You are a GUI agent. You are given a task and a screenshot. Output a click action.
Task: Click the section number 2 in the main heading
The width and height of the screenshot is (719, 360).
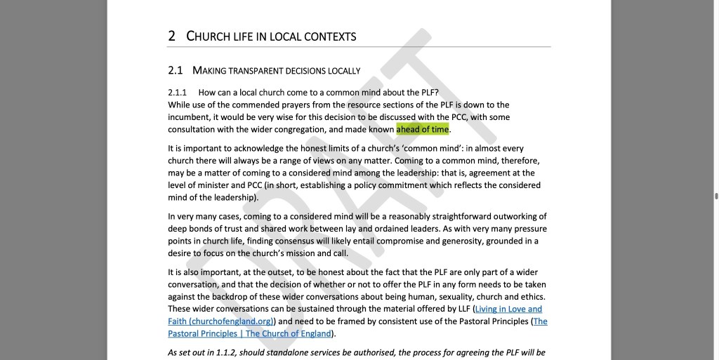172,36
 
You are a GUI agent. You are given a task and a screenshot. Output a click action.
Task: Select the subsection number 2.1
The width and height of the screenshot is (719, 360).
175,70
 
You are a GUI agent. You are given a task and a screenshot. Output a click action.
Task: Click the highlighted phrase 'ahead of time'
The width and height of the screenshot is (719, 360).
422,129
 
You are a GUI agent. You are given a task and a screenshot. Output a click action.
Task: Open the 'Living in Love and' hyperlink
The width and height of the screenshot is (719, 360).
508,309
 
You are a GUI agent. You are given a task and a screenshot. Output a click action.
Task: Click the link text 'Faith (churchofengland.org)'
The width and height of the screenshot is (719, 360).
220,321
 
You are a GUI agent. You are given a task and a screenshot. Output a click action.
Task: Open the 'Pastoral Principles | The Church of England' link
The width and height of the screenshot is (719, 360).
249,333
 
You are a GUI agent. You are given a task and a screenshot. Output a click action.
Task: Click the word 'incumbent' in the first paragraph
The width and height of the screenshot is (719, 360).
188,117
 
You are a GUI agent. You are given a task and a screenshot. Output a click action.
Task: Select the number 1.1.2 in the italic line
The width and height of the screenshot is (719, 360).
219,352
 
